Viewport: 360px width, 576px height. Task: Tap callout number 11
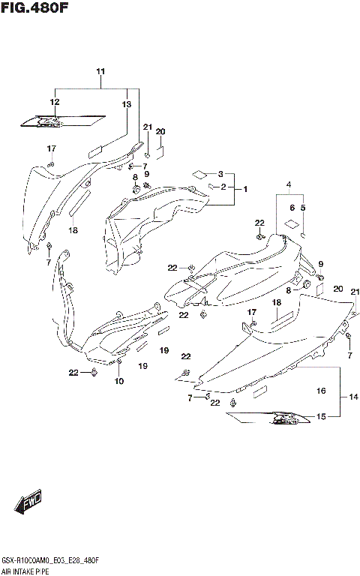[x=100, y=71]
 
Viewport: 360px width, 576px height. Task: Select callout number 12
[x=55, y=102]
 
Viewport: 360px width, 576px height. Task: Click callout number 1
[x=244, y=190]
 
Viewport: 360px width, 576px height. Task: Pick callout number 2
[x=223, y=187]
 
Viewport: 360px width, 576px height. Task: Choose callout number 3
[x=220, y=173]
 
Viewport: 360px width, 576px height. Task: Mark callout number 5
[x=302, y=208]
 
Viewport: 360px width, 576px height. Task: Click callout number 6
[x=291, y=208]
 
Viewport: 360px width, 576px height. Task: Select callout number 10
[x=118, y=381]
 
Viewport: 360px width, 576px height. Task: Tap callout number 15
[x=321, y=416]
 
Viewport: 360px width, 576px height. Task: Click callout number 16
[x=321, y=391]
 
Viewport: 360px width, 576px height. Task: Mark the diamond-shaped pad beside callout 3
[x=199, y=173]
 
